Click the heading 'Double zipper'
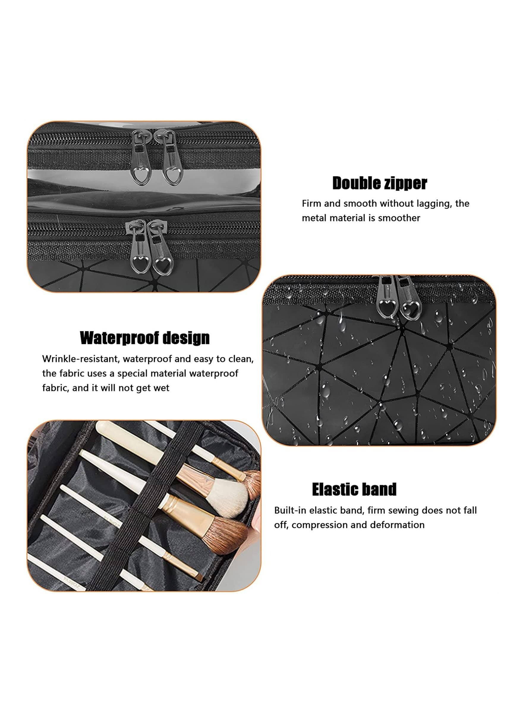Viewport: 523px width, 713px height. (x=379, y=183)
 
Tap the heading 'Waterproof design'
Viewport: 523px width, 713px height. (x=145, y=338)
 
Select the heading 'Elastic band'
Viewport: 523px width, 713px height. (x=354, y=489)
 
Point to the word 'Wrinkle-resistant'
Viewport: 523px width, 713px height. (x=81, y=359)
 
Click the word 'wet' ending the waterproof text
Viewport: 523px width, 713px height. (x=161, y=389)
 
